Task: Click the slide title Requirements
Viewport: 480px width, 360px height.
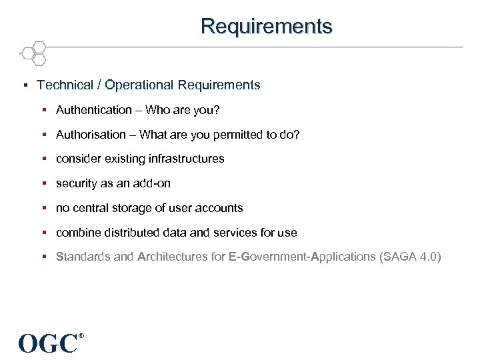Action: [x=266, y=26]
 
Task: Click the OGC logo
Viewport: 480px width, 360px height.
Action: [x=48, y=343]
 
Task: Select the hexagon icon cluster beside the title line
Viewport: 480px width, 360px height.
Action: [x=34, y=52]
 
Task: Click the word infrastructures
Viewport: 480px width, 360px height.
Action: [x=186, y=159]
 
